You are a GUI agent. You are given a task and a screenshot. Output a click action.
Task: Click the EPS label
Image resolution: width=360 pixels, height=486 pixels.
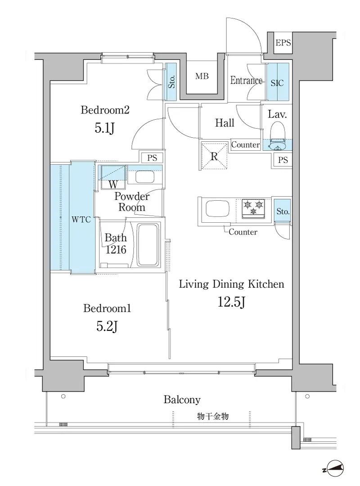pyautogui.click(x=283, y=42)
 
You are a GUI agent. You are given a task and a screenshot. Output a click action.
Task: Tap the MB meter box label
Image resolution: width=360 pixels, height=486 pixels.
pyautogui.click(x=202, y=76)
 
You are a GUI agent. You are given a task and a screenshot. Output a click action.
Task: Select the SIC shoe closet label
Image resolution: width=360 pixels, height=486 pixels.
pyautogui.click(x=277, y=83)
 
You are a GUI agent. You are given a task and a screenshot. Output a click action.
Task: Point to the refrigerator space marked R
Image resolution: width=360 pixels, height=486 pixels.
pyautogui.click(x=214, y=156)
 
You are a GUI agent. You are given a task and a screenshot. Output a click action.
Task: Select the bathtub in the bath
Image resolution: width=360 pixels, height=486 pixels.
pyautogui.click(x=148, y=245)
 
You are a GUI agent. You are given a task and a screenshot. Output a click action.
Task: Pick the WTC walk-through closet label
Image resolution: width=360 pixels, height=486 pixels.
pyautogui.click(x=81, y=220)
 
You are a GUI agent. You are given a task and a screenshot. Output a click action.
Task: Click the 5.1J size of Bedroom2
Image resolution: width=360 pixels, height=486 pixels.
pyautogui.click(x=105, y=128)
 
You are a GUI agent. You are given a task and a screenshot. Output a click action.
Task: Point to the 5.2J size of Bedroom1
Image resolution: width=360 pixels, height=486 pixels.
pyautogui.click(x=107, y=326)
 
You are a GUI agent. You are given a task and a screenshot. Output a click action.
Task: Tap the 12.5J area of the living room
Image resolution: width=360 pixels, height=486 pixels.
pyautogui.click(x=231, y=301)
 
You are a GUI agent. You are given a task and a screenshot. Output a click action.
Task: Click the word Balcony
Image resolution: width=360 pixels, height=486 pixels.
pyautogui.click(x=182, y=400)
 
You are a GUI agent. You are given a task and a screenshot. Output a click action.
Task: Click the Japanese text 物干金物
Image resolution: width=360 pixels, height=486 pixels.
pyautogui.click(x=213, y=416)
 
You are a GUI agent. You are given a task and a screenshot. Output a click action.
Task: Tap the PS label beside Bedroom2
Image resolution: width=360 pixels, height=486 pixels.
pyautogui.click(x=152, y=158)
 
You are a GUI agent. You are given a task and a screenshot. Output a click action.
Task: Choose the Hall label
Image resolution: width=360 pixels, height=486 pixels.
pyautogui.click(x=225, y=123)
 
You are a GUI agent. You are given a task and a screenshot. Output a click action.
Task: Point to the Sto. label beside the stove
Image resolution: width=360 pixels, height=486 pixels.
pyautogui.click(x=283, y=211)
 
